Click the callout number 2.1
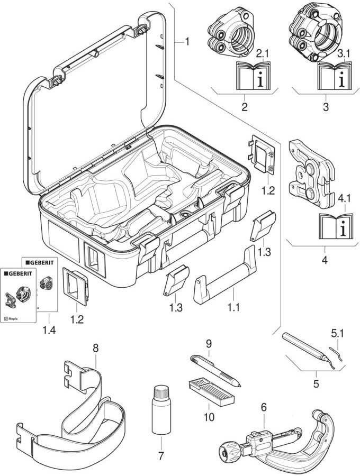[x=263, y=54]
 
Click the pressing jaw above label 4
[x=310, y=171]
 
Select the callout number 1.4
[x=48, y=330]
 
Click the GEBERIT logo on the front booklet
[x=19, y=273]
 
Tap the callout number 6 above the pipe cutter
[x=264, y=407]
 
